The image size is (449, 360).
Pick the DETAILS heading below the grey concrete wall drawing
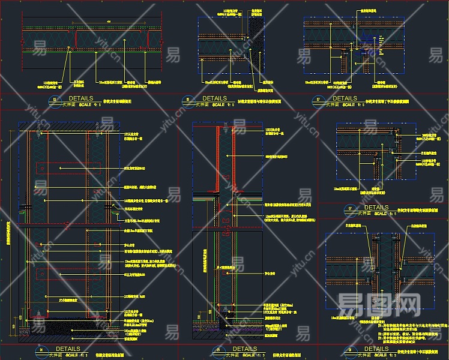pos(214,98)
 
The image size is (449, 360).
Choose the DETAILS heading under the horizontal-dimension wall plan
pos(81,98)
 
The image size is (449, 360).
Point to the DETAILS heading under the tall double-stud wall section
pos(67,349)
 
